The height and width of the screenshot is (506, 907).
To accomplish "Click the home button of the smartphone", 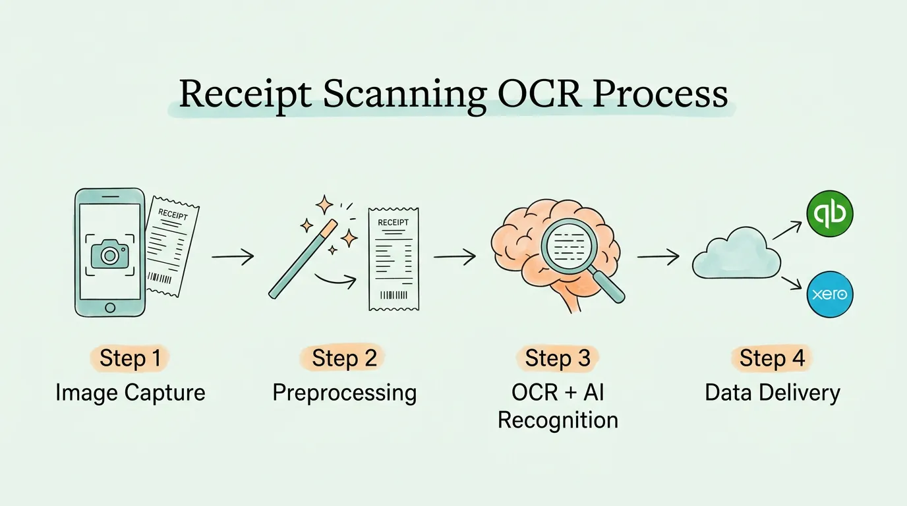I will click(109, 307).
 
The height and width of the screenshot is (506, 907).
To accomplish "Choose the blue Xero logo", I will click(830, 295).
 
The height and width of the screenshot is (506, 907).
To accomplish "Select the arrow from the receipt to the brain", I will click(455, 257).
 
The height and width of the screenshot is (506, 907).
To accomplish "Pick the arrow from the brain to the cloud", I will click(658, 257).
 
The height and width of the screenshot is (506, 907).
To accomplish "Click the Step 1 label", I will click(130, 358).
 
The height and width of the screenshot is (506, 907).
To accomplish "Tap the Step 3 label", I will click(557, 358).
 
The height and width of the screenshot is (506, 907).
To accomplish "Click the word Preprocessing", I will click(344, 393).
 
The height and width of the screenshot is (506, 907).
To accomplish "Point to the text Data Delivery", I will click(773, 393).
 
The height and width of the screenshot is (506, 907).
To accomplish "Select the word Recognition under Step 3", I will click(558, 420).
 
